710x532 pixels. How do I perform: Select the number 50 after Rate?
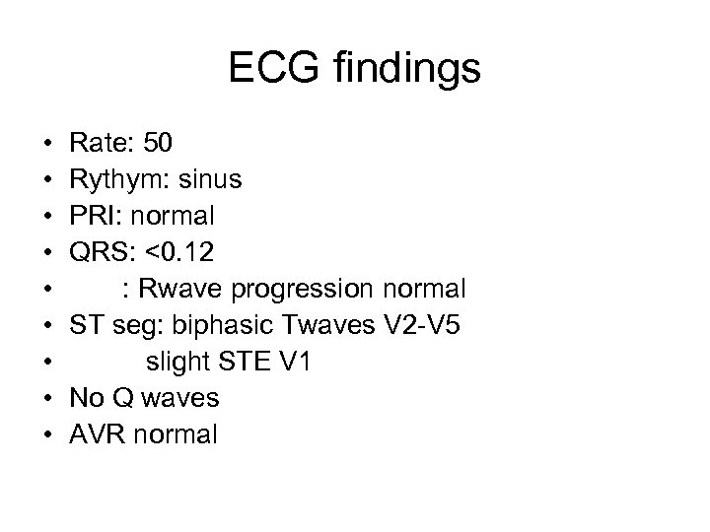[158, 144]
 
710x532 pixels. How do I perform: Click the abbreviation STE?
[245, 362]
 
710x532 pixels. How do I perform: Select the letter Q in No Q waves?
[122, 398]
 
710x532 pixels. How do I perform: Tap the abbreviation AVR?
[96, 434]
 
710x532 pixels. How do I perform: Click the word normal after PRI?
[172, 216]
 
